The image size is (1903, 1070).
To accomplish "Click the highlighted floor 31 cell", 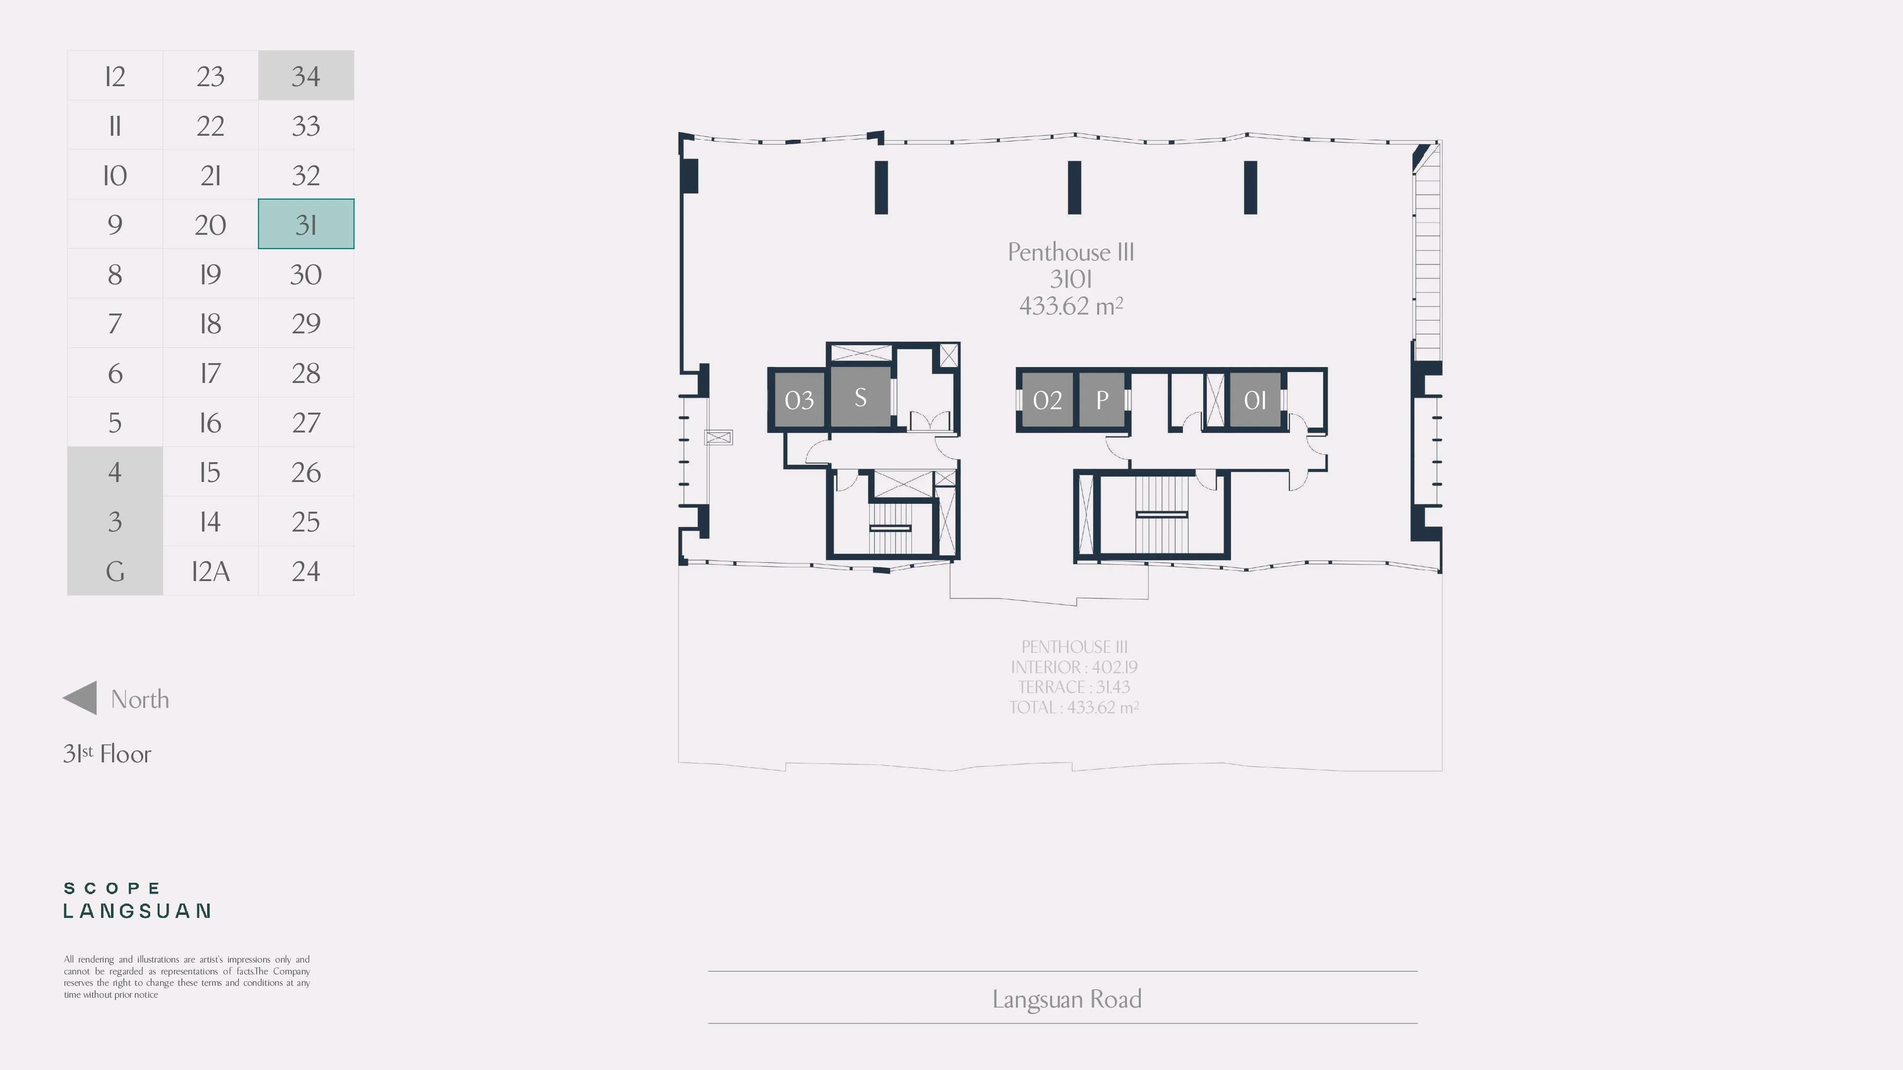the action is [306, 224].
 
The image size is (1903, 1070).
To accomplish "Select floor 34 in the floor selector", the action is [306, 75].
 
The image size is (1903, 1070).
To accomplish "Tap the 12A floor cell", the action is [211, 571].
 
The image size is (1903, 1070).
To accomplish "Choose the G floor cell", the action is [114, 571].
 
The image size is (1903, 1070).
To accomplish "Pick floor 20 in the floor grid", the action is [211, 224].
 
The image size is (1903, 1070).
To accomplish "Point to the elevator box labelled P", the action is [1102, 399].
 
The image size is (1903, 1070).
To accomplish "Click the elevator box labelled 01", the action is [1255, 399].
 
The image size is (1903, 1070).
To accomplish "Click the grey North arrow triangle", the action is [80, 698].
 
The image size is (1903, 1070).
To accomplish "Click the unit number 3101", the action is [1071, 279].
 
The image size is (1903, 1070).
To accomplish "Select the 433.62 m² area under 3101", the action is [1071, 306].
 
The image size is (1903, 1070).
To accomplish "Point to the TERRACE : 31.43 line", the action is [1074, 687].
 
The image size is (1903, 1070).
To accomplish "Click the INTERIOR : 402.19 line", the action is [1074, 667].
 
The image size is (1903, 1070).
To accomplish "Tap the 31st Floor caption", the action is [107, 753].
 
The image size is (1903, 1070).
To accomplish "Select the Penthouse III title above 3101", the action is [1071, 252].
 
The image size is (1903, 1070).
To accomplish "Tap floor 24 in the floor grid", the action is [306, 571].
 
